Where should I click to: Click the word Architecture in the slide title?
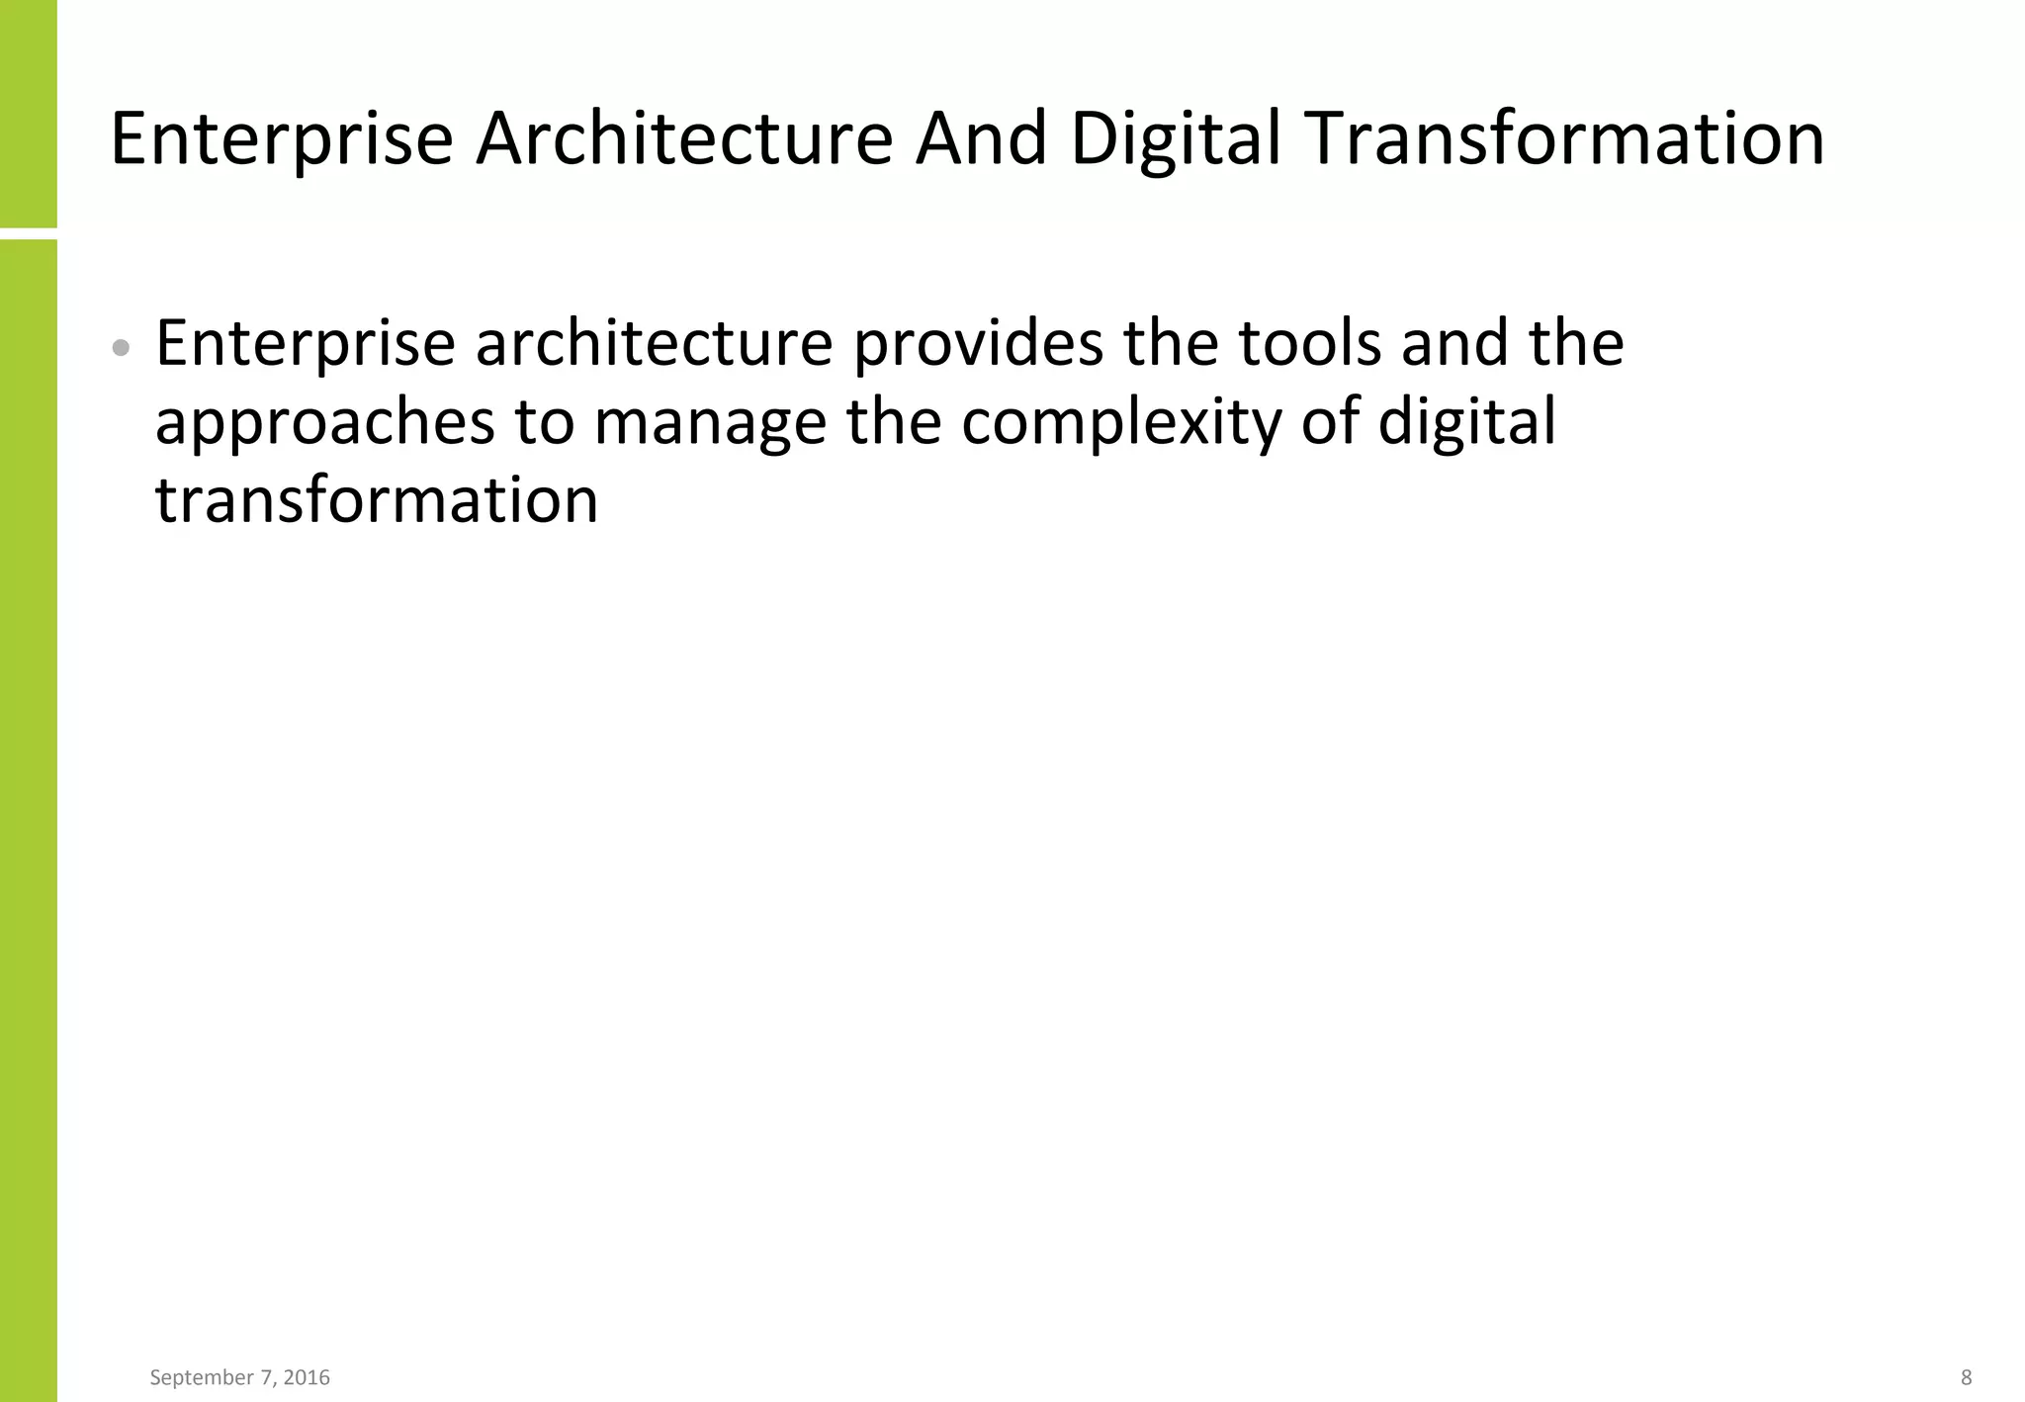[x=684, y=138]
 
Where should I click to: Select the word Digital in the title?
[x=1176, y=138]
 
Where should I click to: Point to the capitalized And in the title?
[x=981, y=138]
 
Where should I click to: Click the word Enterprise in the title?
[x=282, y=138]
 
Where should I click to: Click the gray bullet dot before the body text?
[x=122, y=347]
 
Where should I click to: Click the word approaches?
[x=324, y=423]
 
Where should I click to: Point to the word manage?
[x=709, y=423]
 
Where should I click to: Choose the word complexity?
[x=1120, y=423]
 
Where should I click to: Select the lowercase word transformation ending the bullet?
[x=377, y=499]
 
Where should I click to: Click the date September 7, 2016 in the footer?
[x=239, y=1377]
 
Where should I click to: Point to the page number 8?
[x=1966, y=1377]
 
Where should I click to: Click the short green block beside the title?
[x=28, y=114]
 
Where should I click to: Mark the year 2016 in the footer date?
[x=306, y=1377]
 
